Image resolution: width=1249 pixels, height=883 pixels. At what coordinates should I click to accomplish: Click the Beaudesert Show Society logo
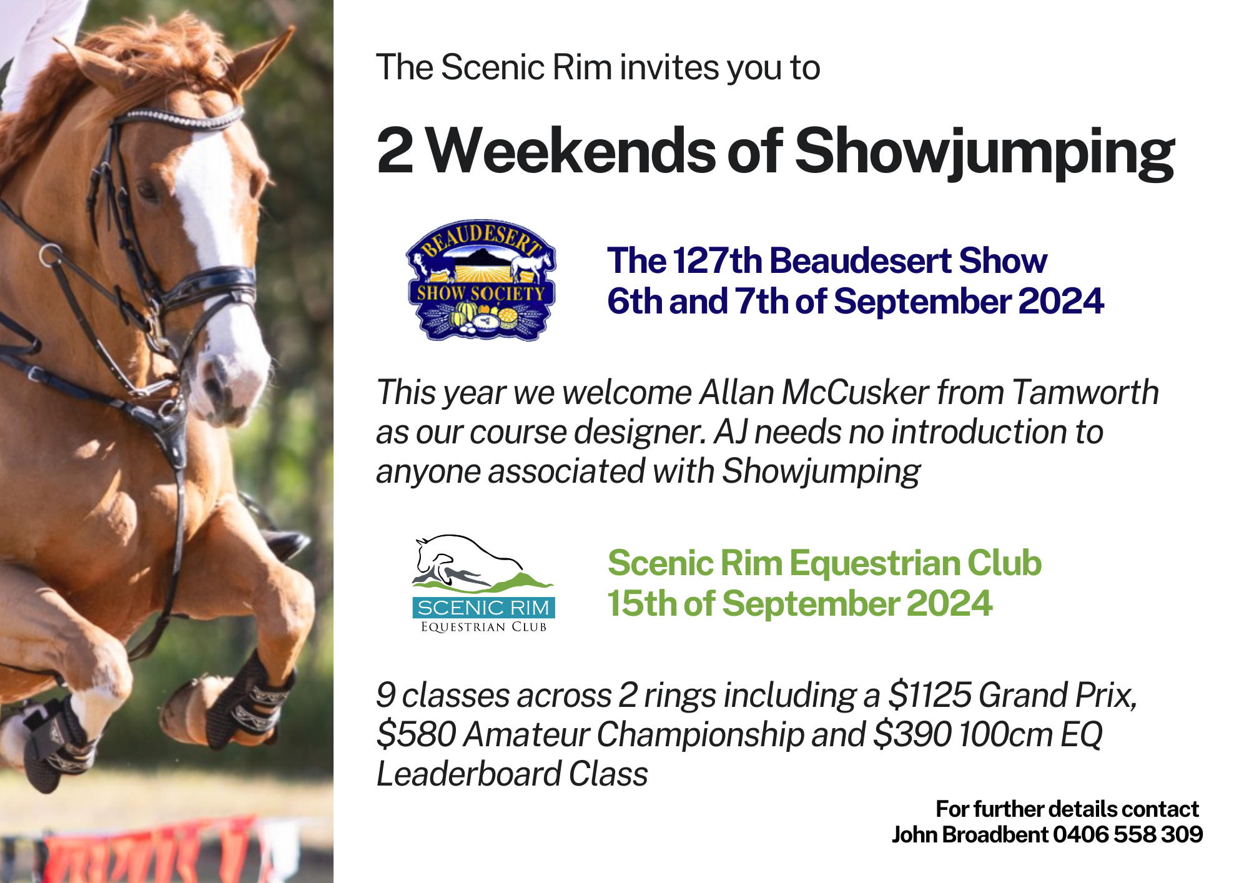(480, 280)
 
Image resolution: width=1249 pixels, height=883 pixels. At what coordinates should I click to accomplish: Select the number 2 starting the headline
(395, 150)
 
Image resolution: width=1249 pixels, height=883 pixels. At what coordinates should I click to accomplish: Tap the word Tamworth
(1085, 393)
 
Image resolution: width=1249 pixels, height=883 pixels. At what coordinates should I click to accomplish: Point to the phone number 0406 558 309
(1128, 835)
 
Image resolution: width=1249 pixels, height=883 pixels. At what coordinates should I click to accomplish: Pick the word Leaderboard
(469, 774)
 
